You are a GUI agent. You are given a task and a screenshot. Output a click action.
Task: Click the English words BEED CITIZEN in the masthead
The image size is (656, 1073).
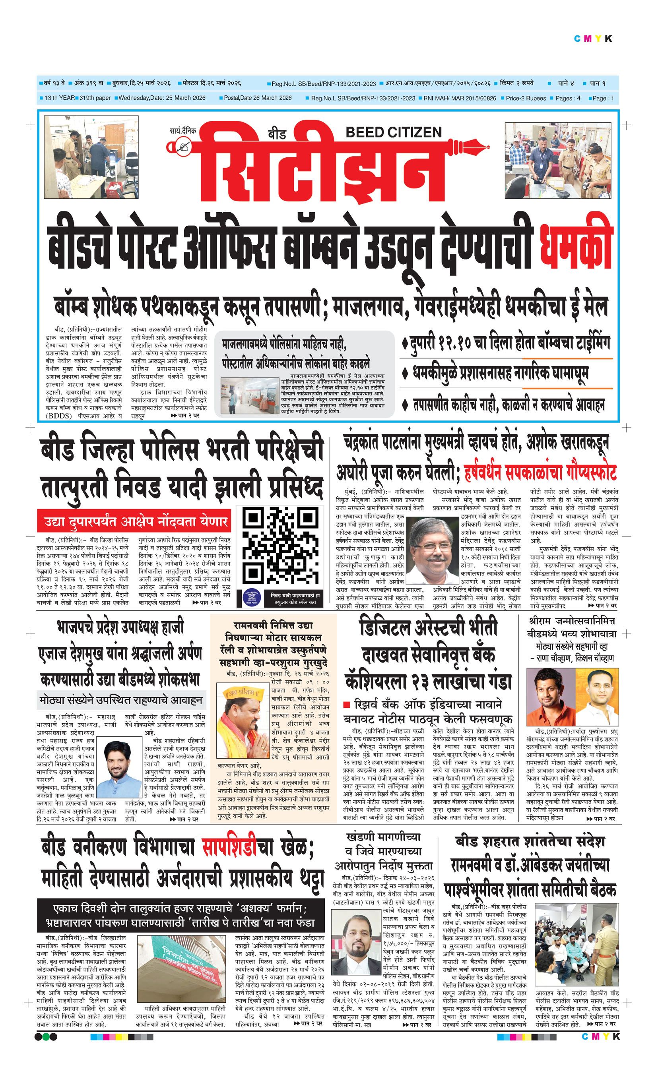coord(394,132)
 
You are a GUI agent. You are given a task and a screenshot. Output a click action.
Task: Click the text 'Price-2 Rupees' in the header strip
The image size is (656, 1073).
coord(526,99)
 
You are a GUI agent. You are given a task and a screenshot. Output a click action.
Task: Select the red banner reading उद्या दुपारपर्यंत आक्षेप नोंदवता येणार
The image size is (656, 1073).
coord(136,521)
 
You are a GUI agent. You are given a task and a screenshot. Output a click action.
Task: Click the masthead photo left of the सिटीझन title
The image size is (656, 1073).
coord(91,157)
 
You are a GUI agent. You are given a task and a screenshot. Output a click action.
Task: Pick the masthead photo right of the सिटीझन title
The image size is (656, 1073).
coord(557,160)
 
